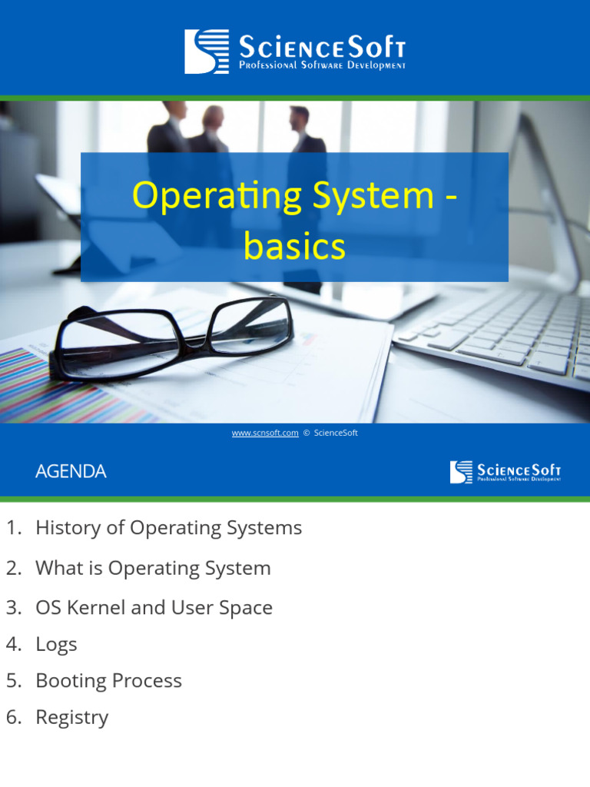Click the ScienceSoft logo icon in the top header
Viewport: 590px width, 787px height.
point(207,51)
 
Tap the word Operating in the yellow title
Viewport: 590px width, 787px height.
point(205,195)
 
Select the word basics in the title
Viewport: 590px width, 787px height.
point(294,246)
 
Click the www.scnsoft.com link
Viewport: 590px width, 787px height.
point(265,433)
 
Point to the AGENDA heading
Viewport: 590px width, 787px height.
point(71,471)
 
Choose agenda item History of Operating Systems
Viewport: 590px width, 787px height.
point(168,528)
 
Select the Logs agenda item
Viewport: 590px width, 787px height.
point(56,644)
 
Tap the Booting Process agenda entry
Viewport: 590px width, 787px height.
point(108,680)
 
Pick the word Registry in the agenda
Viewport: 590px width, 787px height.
point(71,717)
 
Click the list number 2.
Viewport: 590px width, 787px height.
point(13,568)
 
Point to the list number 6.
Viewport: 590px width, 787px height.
point(13,717)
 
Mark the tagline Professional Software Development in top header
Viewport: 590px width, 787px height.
point(322,66)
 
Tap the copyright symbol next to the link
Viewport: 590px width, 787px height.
point(307,433)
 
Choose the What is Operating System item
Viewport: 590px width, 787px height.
point(153,568)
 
